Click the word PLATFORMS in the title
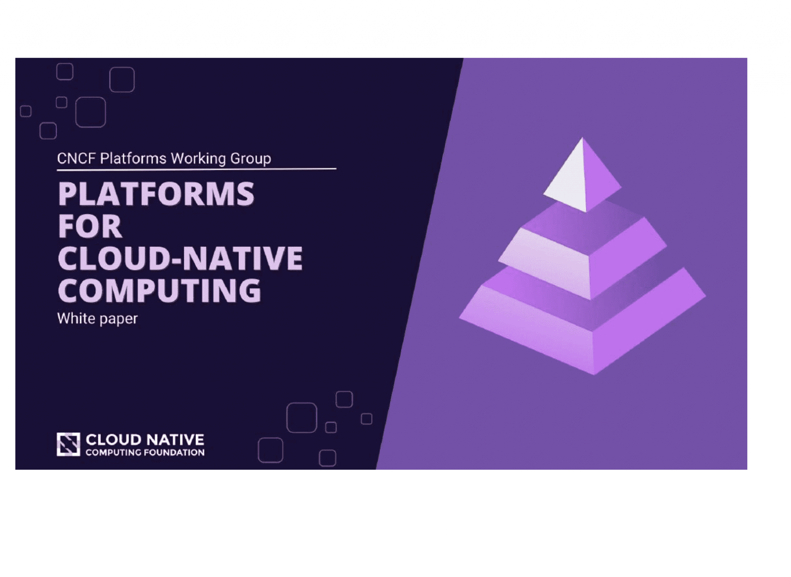156,194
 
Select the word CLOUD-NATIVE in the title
180,258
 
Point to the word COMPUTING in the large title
160,290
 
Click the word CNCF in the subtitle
76,158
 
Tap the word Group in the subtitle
251,158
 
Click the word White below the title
76,319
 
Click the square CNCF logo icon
68,444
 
